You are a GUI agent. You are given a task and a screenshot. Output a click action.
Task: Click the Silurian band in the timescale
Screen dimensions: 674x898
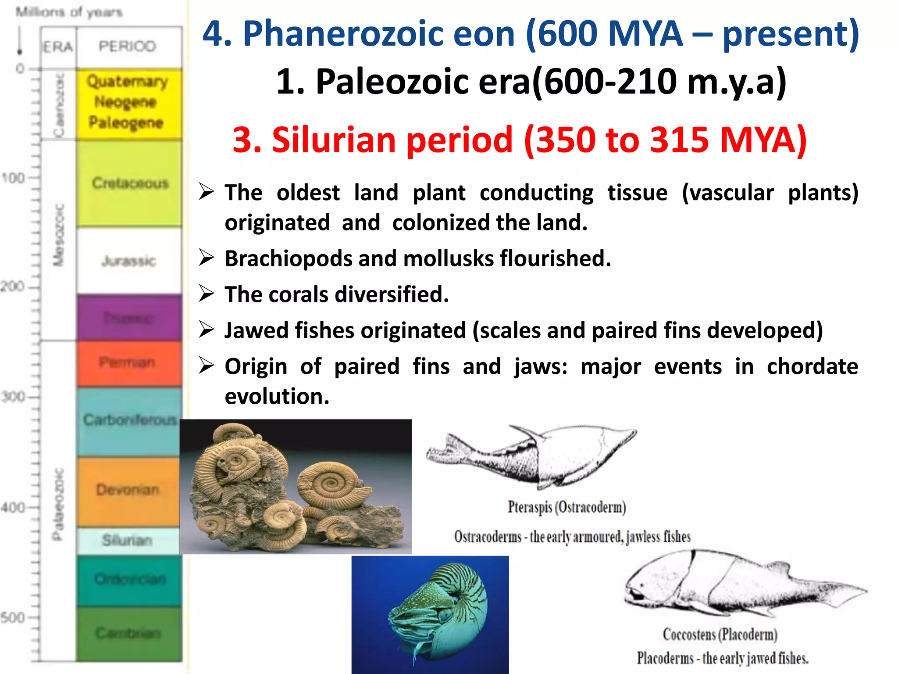pos(127,540)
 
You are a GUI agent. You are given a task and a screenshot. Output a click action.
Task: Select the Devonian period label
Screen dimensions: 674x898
pos(127,490)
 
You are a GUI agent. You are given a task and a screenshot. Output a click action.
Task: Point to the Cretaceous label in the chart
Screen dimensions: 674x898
pos(130,183)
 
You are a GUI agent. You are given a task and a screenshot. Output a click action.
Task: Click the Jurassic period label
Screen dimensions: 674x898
pos(128,261)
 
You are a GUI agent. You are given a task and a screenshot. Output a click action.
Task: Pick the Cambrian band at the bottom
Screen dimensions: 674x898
pos(128,633)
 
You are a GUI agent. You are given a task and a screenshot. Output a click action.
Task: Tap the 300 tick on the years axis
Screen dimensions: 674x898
pos(13,397)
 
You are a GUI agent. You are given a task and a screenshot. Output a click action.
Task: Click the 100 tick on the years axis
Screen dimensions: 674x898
pos(13,178)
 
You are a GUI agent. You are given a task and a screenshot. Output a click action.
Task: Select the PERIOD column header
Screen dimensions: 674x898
pos(127,46)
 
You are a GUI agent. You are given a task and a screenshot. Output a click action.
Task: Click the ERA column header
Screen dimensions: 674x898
pos(58,47)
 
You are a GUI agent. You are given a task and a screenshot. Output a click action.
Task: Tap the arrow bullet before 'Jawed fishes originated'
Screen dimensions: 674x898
pos(206,330)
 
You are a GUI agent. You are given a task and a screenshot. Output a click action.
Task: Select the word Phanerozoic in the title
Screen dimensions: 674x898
pos(379,34)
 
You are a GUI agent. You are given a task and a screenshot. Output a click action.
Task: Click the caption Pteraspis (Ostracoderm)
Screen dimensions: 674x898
pos(567,507)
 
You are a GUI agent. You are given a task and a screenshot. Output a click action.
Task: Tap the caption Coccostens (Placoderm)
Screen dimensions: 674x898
pos(720,635)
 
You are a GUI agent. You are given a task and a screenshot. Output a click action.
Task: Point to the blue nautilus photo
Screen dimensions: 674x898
pos(430,614)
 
